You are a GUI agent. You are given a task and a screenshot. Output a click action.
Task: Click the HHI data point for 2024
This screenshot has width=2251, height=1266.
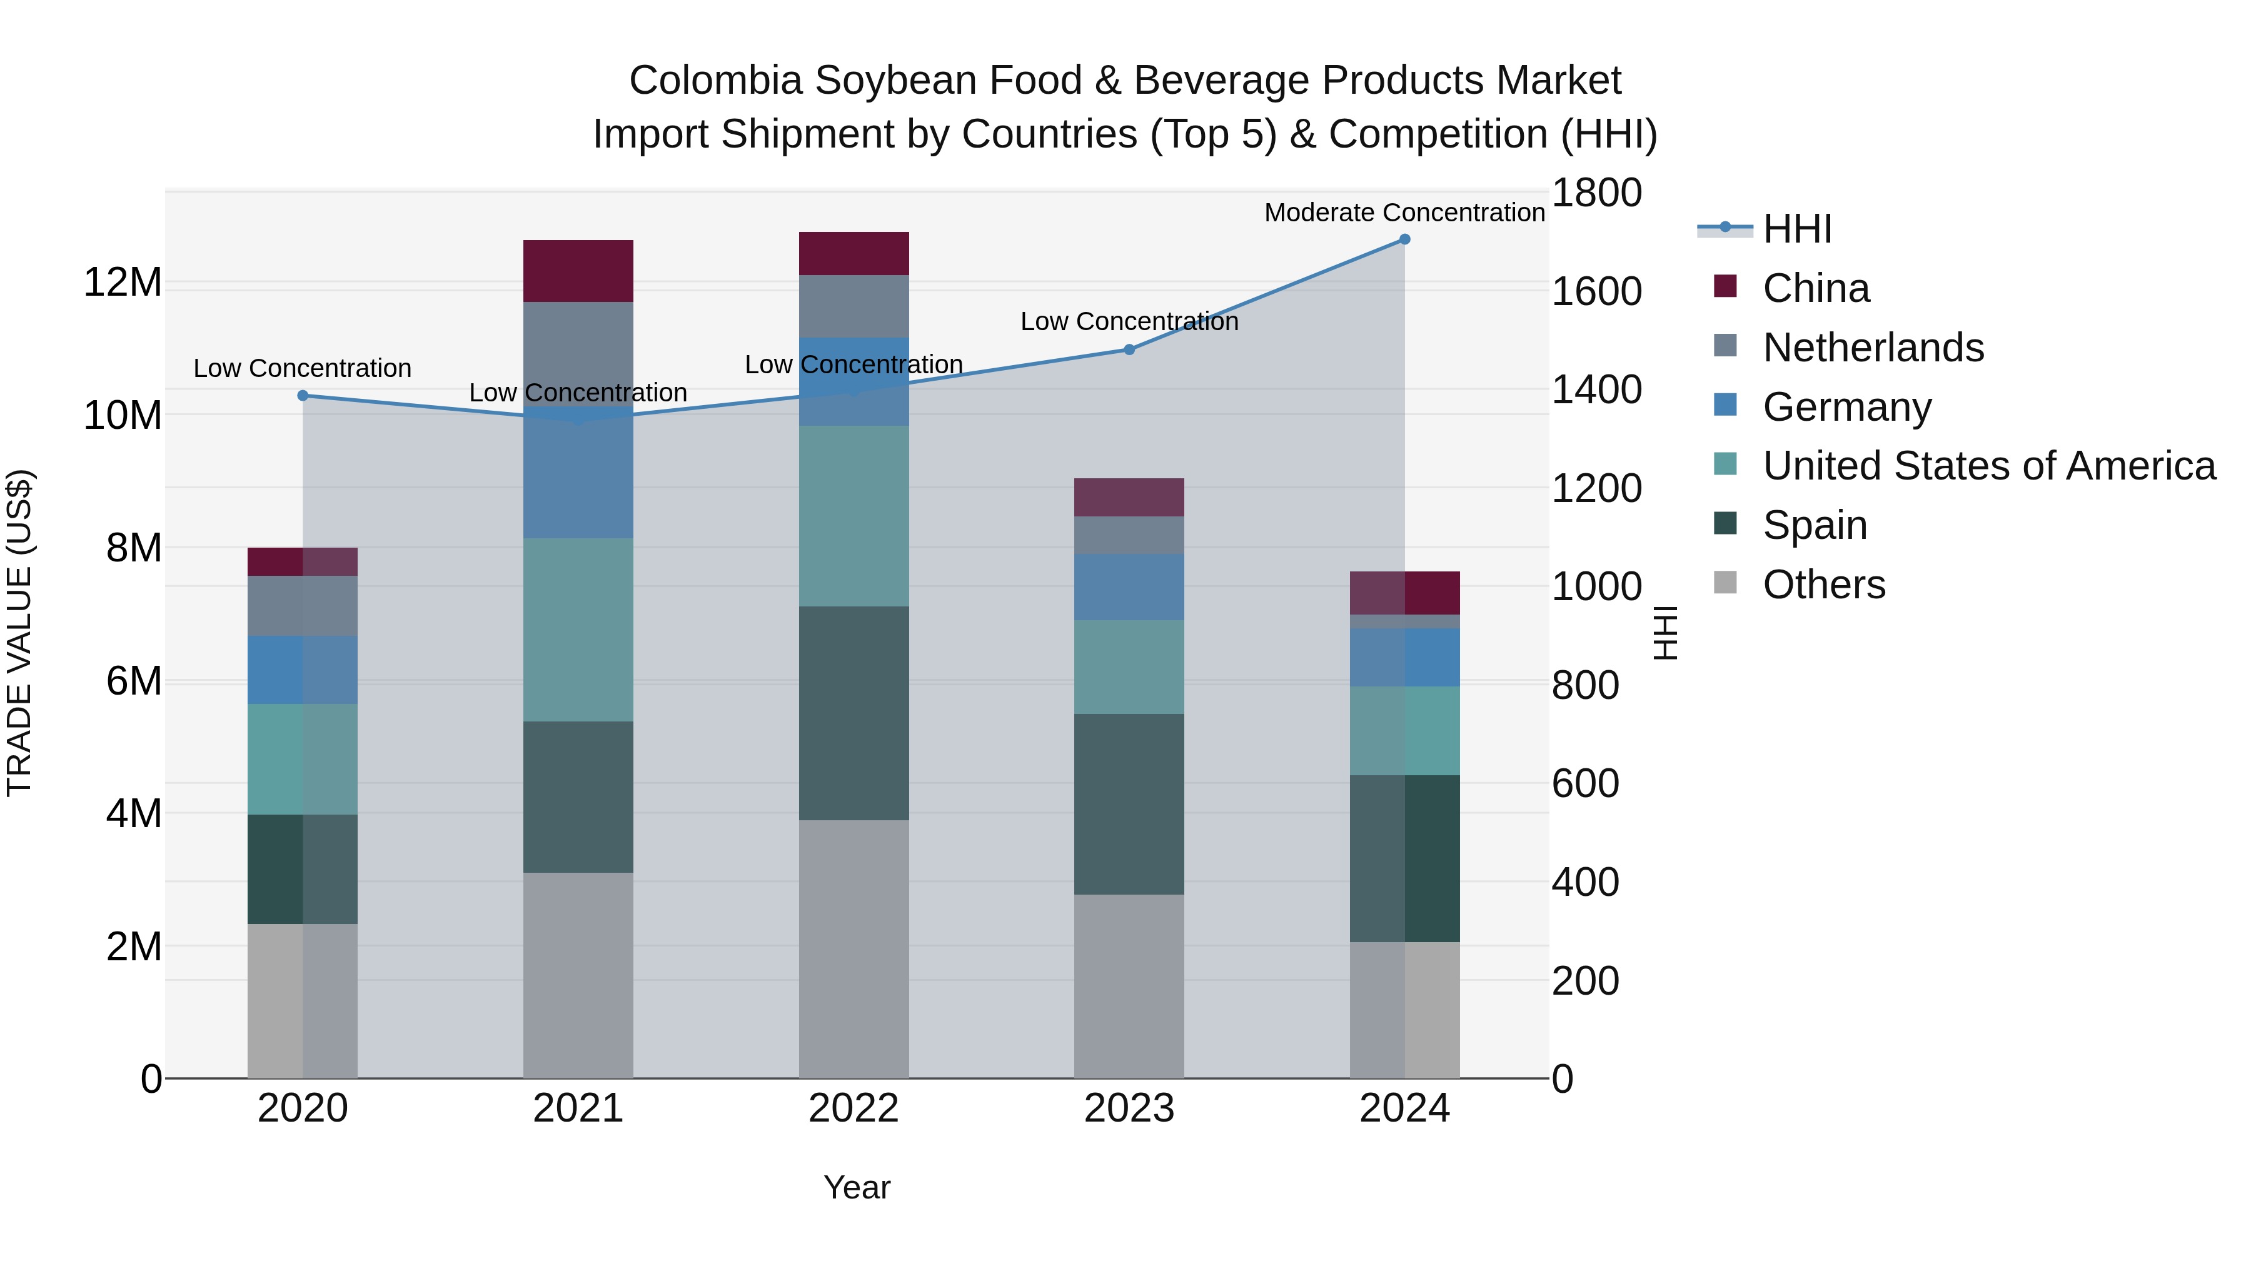click(x=1404, y=239)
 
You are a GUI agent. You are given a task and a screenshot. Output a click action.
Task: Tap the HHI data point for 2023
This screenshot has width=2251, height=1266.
click(x=1129, y=349)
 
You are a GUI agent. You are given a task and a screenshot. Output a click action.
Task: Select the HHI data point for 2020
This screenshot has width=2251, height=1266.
click(x=303, y=396)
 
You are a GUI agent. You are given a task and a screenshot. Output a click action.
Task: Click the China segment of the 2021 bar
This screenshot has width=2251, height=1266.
click(x=578, y=271)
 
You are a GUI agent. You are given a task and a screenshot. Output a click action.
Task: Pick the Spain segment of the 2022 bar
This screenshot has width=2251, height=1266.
click(x=854, y=713)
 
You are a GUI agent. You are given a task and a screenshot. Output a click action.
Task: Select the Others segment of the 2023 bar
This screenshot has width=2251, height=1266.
click(x=1129, y=985)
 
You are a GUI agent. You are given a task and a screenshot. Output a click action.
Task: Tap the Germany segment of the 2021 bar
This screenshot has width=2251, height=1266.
click(x=578, y=473)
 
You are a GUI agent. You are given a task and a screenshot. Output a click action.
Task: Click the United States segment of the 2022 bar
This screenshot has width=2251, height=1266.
click(x=854, y=516)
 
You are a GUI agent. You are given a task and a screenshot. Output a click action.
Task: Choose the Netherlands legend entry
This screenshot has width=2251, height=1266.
click(x=1873, y=348)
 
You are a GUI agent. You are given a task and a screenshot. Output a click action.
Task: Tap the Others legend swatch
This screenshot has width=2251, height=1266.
click(x=1725, y=583)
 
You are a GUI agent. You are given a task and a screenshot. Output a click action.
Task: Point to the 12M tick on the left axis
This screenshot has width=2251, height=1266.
click(x=123, y=282)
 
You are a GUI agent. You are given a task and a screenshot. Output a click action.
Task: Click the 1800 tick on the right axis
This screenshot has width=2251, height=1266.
click(x=1596, y=193)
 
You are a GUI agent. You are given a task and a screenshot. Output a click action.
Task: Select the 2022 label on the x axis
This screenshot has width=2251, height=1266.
click(x=854, y=1108)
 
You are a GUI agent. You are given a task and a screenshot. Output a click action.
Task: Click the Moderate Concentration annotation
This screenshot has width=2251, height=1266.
click(x=1404, y=213)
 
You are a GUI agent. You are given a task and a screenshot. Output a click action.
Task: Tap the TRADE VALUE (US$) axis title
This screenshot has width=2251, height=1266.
click(x=19, y=633)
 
